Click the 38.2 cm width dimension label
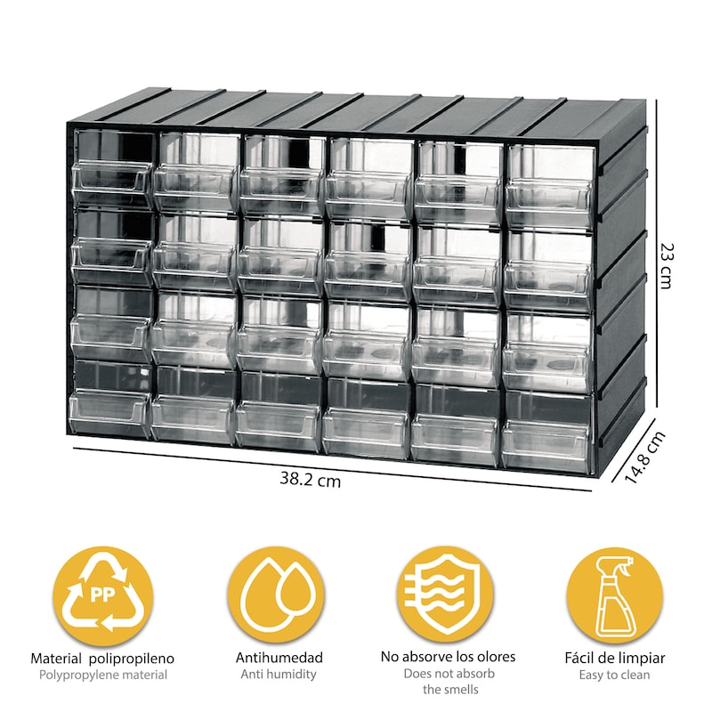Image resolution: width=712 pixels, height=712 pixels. click(x=310, y=479)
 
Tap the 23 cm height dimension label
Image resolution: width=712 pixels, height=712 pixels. click(x=666, y=266)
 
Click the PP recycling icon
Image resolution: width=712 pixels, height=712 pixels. click(x=102, y=595)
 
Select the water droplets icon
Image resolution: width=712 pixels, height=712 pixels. click(x=276, y=595)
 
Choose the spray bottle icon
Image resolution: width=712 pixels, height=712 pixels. click(x=614, y=595)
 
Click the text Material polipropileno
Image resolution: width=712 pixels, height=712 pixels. click(x=102, y=659)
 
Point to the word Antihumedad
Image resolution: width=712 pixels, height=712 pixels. click(x=279, y=658)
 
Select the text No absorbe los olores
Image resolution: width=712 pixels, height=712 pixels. click(x=448, y=657)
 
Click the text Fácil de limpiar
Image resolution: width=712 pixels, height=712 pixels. click(x=614, y=658)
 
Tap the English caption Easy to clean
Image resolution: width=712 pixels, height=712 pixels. click(x=614, y=675)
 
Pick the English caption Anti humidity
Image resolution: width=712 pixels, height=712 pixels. click(x=279, y=675)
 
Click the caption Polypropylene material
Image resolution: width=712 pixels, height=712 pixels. click(x=103, y=676)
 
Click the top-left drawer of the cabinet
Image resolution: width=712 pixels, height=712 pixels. click(x=113, y=167)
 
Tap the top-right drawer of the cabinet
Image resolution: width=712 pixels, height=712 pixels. click(x=550, y=186)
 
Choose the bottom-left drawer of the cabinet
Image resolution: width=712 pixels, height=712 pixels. click(x=109, y=399)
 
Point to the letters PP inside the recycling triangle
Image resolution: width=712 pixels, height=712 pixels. click(x=102, y=595)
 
